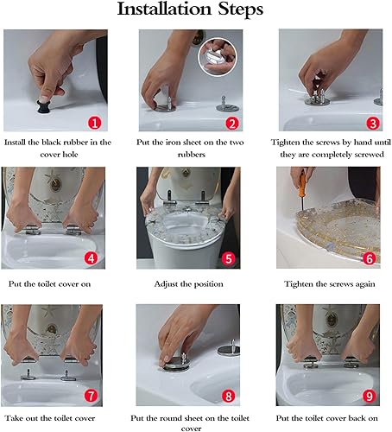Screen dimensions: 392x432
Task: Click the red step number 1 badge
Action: (x=95, y=124)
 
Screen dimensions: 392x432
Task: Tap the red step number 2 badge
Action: (x=232, y=124)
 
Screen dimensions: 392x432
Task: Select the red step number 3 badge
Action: (x=373, y=124)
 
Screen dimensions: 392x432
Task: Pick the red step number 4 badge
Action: (x=91, y=258)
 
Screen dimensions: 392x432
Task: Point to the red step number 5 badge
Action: (x=228, y=258)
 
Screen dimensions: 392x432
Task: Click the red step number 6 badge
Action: (x=369, y=258)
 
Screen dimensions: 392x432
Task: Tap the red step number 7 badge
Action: (x=91, y=396)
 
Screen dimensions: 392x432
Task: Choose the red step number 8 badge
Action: (x=228, y=396)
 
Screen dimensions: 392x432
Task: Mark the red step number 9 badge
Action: (x=369, y=396)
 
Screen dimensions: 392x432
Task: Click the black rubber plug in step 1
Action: (x=44, y=106)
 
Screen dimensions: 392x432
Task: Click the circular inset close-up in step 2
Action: (x=218, y=56)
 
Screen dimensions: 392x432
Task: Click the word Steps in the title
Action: (x=240, y=10)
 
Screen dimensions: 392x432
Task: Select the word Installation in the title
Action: (x=165, y=9)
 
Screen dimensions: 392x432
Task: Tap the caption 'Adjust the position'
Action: (x=188, y=284)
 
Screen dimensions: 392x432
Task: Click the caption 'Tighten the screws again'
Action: (x=330, y=284)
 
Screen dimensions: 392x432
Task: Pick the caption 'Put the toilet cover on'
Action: (x=49, y=284)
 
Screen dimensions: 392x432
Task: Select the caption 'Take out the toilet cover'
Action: (x=49, y=418)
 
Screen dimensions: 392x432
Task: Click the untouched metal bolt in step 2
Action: (x=227, y=105)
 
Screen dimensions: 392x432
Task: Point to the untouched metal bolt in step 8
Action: (x=229, y=347)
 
